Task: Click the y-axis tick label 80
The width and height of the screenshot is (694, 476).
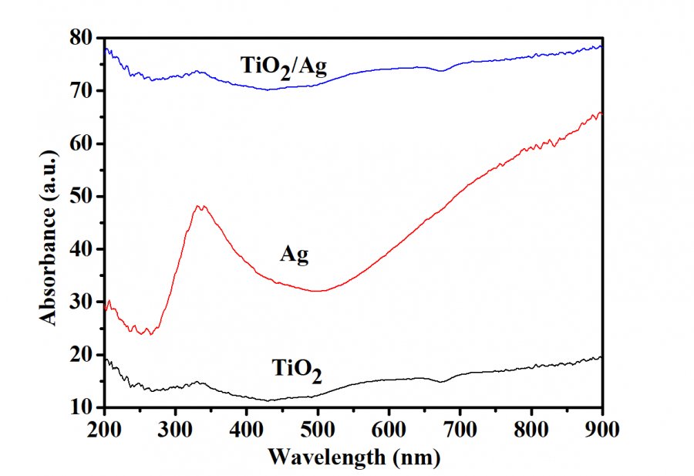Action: coord(82,38)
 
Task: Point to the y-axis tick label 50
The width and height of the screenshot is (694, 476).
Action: coord(82,196)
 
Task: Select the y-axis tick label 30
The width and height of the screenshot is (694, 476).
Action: coord(82,302)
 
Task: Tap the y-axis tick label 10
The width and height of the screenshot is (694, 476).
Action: coord(82,407)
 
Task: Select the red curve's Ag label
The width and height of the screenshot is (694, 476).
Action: coord(294,256)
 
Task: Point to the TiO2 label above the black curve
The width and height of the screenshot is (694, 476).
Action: coord(297,370)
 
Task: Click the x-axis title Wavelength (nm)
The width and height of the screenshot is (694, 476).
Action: coord(353,458)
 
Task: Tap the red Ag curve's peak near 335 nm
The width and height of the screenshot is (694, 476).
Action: coord(200,206)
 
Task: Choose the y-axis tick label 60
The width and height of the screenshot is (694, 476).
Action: coord(82,143)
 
